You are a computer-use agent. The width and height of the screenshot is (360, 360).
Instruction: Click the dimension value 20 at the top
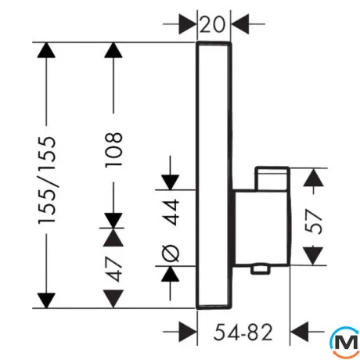[212, 24]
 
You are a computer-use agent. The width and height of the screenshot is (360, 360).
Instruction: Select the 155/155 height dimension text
[47, 180]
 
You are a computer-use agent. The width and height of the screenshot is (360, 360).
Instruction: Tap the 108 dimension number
[113, 149]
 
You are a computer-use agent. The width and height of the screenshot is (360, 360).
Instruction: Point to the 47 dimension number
[113, 269]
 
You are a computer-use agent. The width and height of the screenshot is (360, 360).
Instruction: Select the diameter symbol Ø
[171, 253]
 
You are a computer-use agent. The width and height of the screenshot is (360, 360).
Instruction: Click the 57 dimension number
[314, 221]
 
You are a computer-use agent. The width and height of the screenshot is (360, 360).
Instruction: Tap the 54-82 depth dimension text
[243, 332]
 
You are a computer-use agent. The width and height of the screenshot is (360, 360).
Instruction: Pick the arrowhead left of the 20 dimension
[188, 24]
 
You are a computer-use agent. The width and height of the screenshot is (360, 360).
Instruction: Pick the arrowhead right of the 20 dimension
[240, 24]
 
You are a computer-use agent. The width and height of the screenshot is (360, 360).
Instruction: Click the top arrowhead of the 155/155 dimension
[46, 50]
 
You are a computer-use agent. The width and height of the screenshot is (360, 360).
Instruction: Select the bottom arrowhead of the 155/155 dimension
[46, 301]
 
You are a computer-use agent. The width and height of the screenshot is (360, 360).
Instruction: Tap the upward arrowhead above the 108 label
[113, 50]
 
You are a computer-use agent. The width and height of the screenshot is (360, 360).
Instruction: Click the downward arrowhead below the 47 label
[113, 299]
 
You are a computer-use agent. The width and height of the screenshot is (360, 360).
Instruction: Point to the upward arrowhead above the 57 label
[314, 178]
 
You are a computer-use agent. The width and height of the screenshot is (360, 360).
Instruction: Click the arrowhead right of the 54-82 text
[300, 332]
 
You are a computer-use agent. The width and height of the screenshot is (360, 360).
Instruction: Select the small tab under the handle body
[260, 269]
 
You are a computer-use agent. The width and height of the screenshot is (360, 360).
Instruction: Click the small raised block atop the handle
[272, 178]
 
